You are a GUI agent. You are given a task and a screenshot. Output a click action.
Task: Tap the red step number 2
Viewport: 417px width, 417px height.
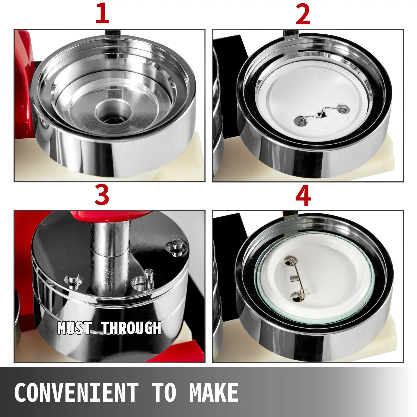point(303,14)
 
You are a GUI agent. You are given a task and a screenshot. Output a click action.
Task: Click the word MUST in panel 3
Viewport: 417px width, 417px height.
point(74,328)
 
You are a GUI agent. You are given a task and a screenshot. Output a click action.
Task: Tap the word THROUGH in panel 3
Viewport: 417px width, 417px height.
point(131,328)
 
